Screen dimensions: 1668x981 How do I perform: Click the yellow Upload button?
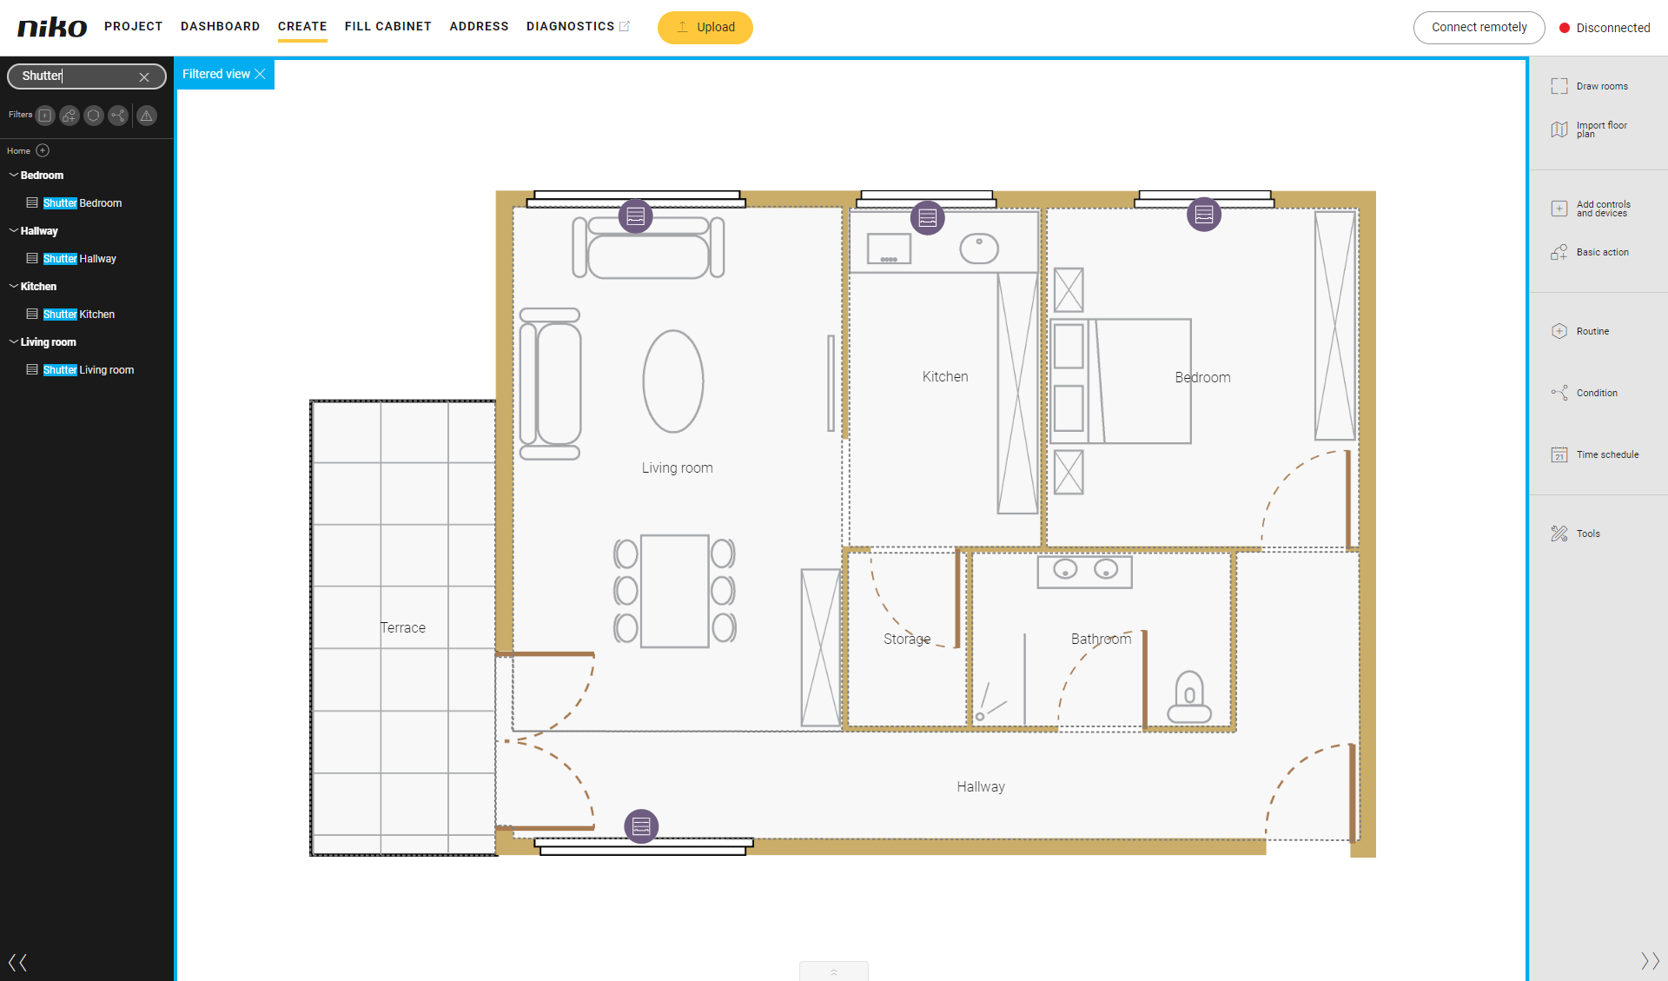[x=705, y=27]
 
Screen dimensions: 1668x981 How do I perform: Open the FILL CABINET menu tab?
[x=387, y=26]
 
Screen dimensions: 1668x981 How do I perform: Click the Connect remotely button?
[x=1479, y=27]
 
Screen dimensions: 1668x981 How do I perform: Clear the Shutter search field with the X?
[x=144, y=76]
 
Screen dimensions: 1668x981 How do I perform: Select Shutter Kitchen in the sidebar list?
[x=78, y=315]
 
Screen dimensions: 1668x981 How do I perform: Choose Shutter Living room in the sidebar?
[x=88, y=370]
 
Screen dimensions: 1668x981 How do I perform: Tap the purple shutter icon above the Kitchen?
[x=927, y=217]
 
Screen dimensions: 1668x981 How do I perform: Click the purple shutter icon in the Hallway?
[x=641, y=825]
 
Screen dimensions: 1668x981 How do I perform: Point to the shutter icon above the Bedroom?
[x=1203, y=214]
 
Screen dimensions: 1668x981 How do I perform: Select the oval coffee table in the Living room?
[x=673, y=381]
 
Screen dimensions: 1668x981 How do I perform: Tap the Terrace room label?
[x=403, y=627]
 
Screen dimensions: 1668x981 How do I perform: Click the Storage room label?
[x=907, y=639]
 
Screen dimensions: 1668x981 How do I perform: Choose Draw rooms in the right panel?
[x=1590, y=86]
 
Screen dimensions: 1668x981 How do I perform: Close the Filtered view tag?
[x=260, y=74]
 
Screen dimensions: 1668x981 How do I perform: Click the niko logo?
[x=52, y=27]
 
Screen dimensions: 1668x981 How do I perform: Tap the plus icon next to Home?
[x=43, y=150]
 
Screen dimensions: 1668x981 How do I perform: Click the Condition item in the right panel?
[x=1585, y=393]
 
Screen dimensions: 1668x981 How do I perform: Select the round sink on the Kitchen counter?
[x=979, y=249]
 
